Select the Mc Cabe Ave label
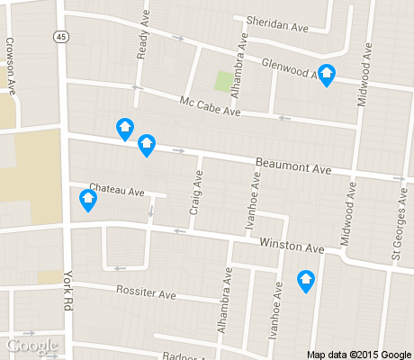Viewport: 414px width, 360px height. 210,107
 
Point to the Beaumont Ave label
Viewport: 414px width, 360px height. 293,166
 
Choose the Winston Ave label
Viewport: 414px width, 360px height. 291,246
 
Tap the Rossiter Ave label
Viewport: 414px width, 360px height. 146,293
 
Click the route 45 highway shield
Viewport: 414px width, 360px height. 58,37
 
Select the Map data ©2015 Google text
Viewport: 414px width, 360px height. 359,353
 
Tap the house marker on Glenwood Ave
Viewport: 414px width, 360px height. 328,76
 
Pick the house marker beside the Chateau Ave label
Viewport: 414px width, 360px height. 88,201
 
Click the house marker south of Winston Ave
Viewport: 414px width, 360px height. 306,282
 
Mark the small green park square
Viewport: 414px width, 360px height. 222,82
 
